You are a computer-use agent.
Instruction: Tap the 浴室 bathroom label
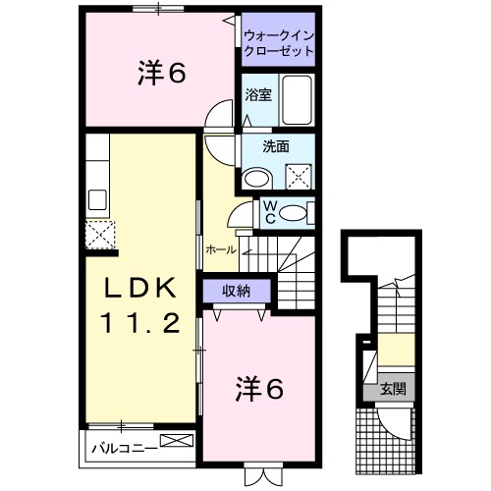point(257,96)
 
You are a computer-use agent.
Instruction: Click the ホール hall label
point(221,250)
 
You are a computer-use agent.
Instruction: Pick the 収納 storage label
point(235,290)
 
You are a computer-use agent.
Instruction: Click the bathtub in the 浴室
point(297,98)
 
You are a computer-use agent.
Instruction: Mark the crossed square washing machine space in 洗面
point(298,177)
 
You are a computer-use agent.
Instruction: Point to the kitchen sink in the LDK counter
point(97,200)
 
